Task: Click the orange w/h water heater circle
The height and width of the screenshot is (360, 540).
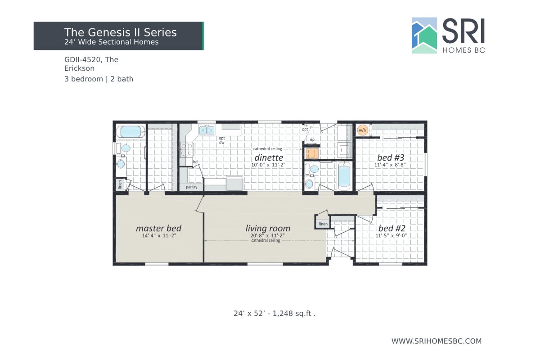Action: [x=362, y=130]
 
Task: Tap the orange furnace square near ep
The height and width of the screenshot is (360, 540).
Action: [x=311, y=154]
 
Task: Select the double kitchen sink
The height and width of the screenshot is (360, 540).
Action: [x=207, y=130]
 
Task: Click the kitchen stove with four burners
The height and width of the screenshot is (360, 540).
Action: [x=185, y=149]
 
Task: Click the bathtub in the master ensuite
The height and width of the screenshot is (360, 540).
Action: [x=130, y=132]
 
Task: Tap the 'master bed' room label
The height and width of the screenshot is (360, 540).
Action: [x=158, y=228]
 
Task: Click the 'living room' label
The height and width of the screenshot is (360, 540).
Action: [x=268, y=228]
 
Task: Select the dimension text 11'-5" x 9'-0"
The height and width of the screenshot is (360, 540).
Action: [x=391, y=235]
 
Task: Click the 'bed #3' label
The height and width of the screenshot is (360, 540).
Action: [x=391, y=157]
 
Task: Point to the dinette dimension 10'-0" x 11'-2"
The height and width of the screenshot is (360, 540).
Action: [x=269, y=165]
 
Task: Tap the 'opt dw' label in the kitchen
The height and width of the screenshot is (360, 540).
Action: [x=221, y=140]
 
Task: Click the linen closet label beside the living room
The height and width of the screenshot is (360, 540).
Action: [x=323, y=224]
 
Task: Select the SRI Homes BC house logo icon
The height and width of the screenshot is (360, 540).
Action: [x=424, y=36]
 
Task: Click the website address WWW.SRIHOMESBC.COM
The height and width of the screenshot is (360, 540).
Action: [x=436, y=341]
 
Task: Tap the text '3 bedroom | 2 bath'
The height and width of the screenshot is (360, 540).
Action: [x=99, y=79]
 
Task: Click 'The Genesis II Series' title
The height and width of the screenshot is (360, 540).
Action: [x=120, y=32]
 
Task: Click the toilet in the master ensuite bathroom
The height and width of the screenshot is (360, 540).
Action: [x=121, y=163]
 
